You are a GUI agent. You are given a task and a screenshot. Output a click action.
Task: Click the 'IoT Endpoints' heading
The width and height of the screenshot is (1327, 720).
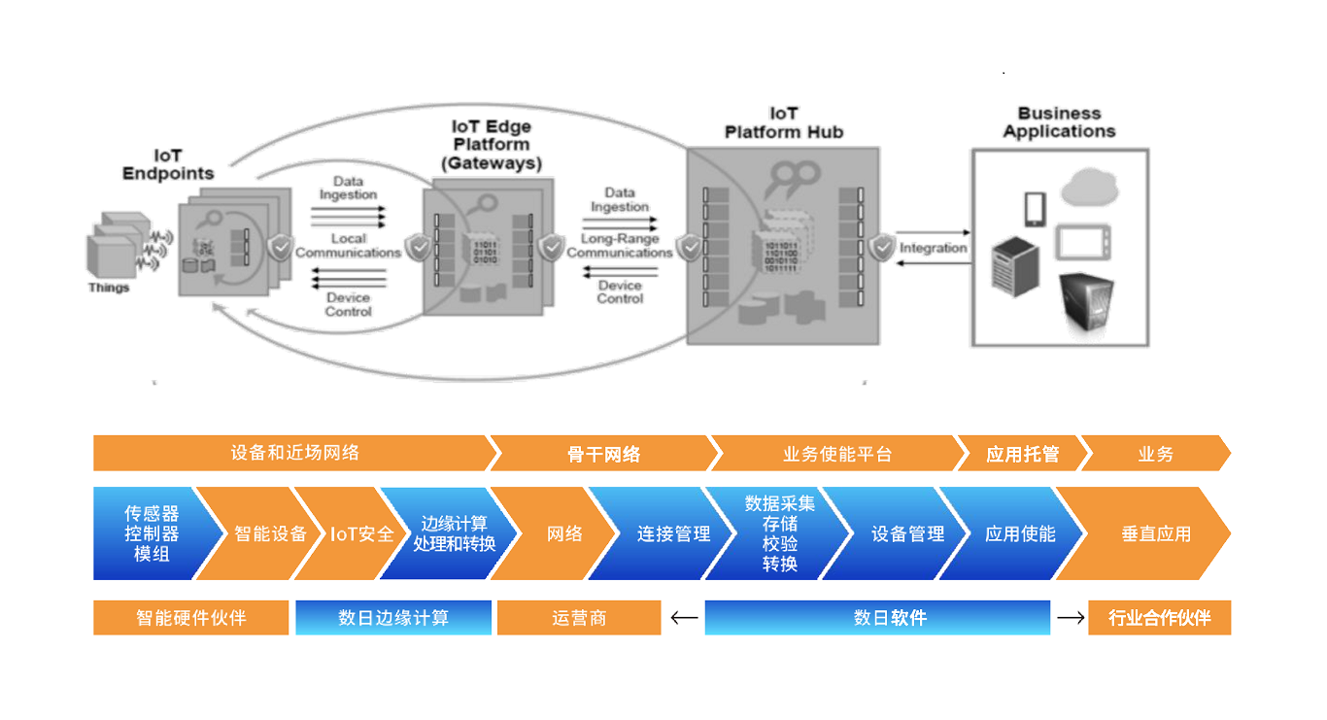point(167,164)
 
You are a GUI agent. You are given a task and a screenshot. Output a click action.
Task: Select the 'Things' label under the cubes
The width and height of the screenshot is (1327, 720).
point(109,288)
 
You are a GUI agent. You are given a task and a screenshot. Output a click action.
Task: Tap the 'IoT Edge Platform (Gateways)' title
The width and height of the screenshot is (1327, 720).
point(492,145)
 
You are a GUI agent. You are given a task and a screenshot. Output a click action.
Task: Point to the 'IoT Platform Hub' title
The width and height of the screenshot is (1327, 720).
point(784,122)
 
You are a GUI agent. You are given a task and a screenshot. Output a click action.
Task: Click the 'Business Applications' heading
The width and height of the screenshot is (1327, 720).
point(1059,122)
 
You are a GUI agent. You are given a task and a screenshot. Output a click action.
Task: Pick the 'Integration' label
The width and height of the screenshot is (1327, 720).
point(933,248)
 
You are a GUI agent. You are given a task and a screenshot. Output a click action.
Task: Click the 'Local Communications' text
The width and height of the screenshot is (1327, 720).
point(348,245)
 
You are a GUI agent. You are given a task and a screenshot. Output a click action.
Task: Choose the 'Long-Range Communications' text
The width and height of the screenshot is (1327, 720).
point(620,245)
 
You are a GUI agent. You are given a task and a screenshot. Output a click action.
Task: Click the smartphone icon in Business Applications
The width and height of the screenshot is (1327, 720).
point(1034,209)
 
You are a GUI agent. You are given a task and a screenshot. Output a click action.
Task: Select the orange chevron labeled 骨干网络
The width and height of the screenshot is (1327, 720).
point(604,454)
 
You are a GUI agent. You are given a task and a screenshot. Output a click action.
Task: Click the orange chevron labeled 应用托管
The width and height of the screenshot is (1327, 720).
point(1022,454)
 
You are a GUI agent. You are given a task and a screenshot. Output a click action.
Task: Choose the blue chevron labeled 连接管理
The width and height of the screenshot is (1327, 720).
point(673,533)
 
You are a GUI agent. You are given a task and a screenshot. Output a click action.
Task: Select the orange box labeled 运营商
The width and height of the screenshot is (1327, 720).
point(579,618)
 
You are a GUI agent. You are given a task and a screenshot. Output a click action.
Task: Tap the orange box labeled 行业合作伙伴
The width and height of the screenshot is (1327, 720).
point(1159,618)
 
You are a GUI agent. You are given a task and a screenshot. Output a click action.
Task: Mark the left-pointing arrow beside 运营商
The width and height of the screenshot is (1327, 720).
point(684,617)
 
